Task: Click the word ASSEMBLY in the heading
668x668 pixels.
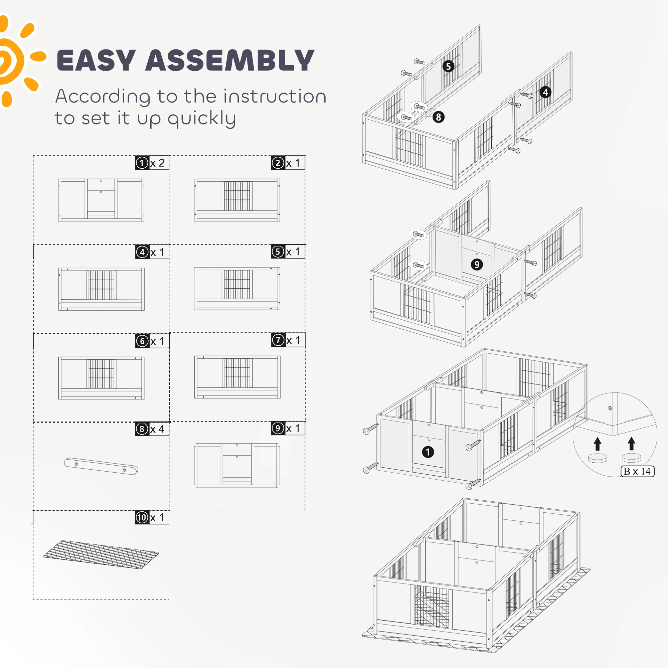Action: point(230,60)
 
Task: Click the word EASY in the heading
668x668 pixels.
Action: point(96,60)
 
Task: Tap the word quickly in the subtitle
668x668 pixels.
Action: point(202,119)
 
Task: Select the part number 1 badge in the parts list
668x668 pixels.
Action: point(142,163)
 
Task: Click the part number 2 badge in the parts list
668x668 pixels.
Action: point(278,163)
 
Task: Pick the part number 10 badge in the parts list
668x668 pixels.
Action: point(142,517)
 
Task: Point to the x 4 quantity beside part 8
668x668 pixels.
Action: point(158,429)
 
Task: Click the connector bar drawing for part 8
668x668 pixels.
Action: point(101,466)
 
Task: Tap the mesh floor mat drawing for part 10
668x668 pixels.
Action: point(101,554)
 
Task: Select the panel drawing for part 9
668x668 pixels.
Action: point(237,465)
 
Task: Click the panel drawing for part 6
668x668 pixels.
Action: point(101,378)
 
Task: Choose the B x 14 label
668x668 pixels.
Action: point(638,471)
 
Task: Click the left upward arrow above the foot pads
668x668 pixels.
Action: point(598,444)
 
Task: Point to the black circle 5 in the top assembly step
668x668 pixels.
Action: point(449,66)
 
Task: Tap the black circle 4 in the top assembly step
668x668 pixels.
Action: point(545,92)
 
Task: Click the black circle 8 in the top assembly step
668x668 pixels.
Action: point(439,117)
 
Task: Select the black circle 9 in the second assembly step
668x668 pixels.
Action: point(477,265)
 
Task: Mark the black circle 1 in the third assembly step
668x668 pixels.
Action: point(428,452)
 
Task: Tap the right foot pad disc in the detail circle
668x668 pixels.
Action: point(631,458)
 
